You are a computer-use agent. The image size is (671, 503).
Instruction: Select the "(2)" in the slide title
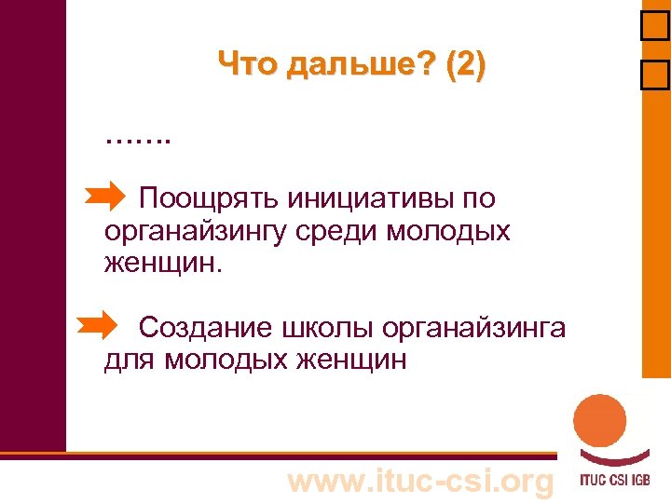pyautogui.click(x=466, y=64)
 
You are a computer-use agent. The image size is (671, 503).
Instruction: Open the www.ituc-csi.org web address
pyautogui.click(x=420, y=482)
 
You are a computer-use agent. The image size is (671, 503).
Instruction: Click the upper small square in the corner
pyautogui.click(x=655, y=32)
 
